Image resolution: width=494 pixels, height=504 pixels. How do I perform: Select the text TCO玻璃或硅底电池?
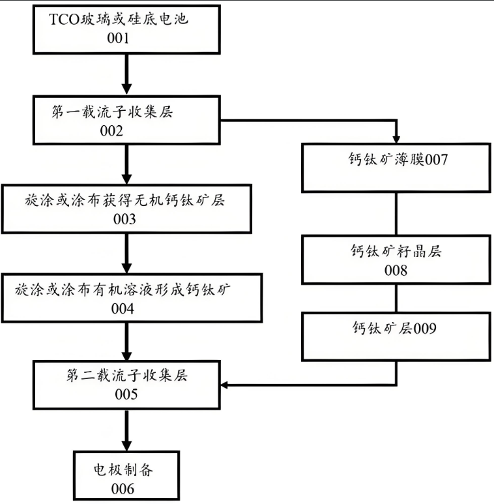pos(119,20)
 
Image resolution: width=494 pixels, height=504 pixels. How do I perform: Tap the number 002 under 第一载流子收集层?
pos(111,131)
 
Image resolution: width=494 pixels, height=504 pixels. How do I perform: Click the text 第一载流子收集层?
pos(111,112)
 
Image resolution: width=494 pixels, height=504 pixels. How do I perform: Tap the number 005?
pos(126,394)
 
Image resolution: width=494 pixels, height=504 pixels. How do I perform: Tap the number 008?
pos(396,270)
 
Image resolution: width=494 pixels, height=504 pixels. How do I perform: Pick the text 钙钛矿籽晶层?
pos(396,251)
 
